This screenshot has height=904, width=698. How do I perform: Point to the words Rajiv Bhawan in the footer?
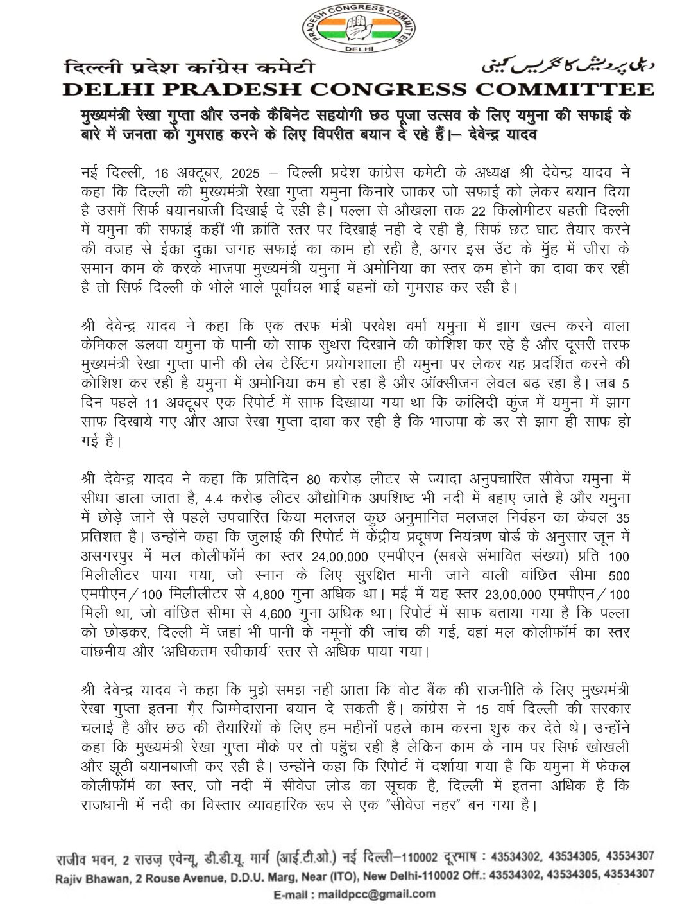click(x=80, y=874)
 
